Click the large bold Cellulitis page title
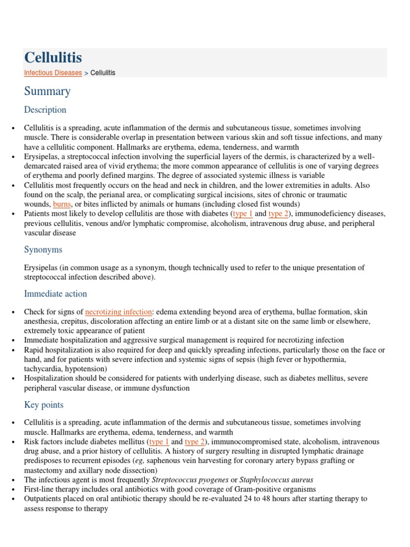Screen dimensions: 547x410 coord(53,58)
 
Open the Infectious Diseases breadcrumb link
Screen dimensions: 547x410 coord(53,73)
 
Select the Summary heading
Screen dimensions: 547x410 coord(47,91)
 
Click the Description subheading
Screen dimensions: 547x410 coord(45,110)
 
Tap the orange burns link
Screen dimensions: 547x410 coord(61,204)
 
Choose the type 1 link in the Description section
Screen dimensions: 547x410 coord(243,214)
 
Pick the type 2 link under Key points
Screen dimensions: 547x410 coord(195,442)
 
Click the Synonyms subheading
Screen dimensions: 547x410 coord(43,249)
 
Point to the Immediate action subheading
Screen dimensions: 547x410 coord(55,294)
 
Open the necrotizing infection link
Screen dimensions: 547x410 coord(119,311)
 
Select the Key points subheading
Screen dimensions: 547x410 coord(43,405)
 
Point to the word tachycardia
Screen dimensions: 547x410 coord(43,369)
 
